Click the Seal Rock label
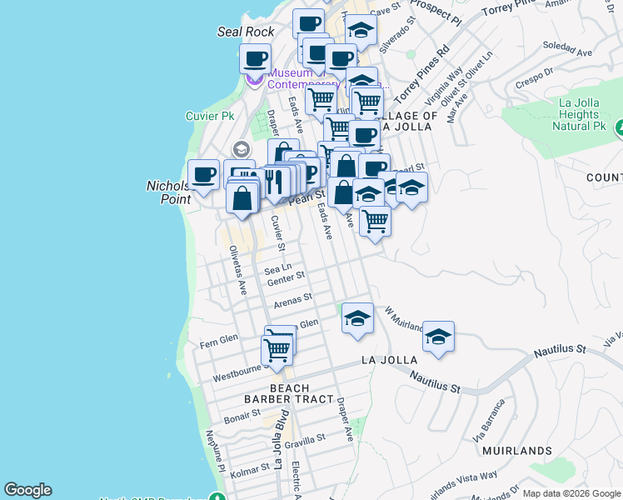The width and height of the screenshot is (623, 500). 246,32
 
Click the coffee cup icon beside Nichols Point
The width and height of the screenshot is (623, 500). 203,175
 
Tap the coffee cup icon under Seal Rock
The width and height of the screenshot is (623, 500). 255,59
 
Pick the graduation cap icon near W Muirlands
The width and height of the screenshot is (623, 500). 438,337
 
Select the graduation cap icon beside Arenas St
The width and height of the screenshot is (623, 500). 357,318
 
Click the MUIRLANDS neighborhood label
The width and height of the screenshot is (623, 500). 516,451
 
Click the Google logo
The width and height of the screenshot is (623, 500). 27,490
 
